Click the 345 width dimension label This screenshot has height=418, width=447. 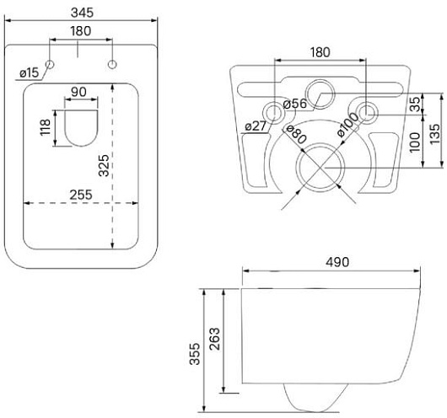[x=82, y=13]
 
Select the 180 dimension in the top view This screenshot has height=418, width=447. [x=81, y=31]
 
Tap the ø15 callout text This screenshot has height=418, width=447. [x=29, y=73]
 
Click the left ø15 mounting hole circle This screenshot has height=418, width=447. [x=50, y=64]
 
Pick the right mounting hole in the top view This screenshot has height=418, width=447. [x=112, y=64]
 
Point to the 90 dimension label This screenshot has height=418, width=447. [x=78, y=92]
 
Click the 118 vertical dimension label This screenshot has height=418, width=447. [x=46, y=127]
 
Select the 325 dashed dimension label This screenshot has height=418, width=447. [x=104, y=165]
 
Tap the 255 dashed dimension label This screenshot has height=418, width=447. [x=81, y=195]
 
